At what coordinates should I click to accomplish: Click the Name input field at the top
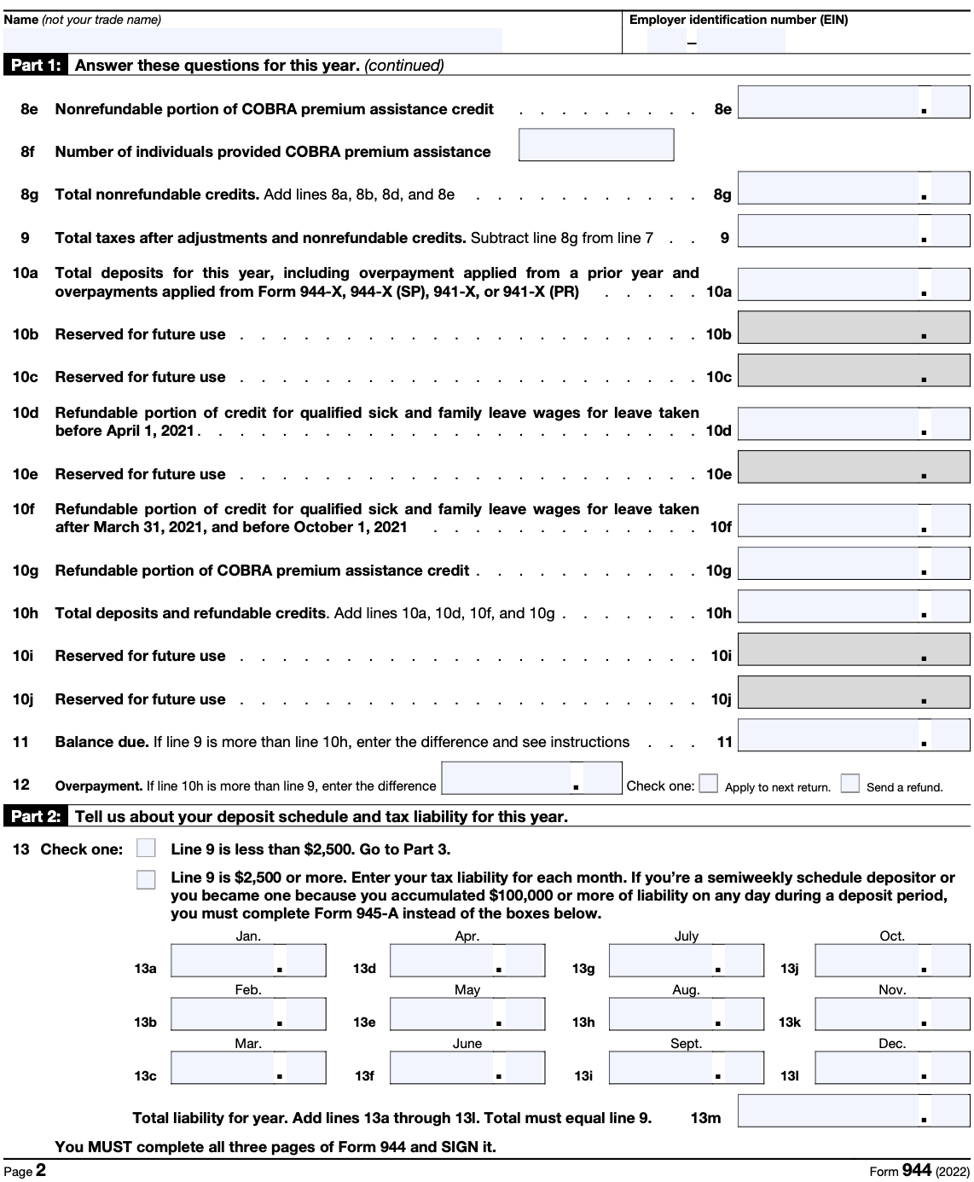click(x=252, y=40)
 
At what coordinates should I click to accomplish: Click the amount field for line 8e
click(x=853, y=102)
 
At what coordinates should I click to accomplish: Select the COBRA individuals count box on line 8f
click(x=596, y=145)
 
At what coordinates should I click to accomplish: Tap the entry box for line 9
click(x=853, y=231)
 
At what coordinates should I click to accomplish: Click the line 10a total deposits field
click(x=853, y=284)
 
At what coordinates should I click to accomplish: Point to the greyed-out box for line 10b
click(x=853, y=327)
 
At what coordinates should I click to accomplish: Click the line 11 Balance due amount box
click(x=853, y=735)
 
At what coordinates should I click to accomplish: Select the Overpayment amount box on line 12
click(x=531, y=778)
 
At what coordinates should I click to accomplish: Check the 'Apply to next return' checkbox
click(x=708, y=784)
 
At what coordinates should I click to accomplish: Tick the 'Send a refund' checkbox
click(x=849, y=784)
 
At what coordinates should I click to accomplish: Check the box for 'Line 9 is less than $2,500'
click(x=146, y=849)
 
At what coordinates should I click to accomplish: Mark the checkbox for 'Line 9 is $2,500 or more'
click(x=146, y=879)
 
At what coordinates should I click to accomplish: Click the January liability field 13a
click(x=248, y=961)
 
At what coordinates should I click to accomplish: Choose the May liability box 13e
click(x=467, y=1014)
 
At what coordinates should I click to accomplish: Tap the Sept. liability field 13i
click(x=686, y=1068)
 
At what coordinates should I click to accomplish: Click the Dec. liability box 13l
click(x=892, y=1068)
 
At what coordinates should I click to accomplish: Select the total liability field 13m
click(x=853, y=1111)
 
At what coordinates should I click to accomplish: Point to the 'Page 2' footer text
click(x=25, y=1171)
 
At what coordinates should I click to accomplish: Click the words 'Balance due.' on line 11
click(x=101, y=742)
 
